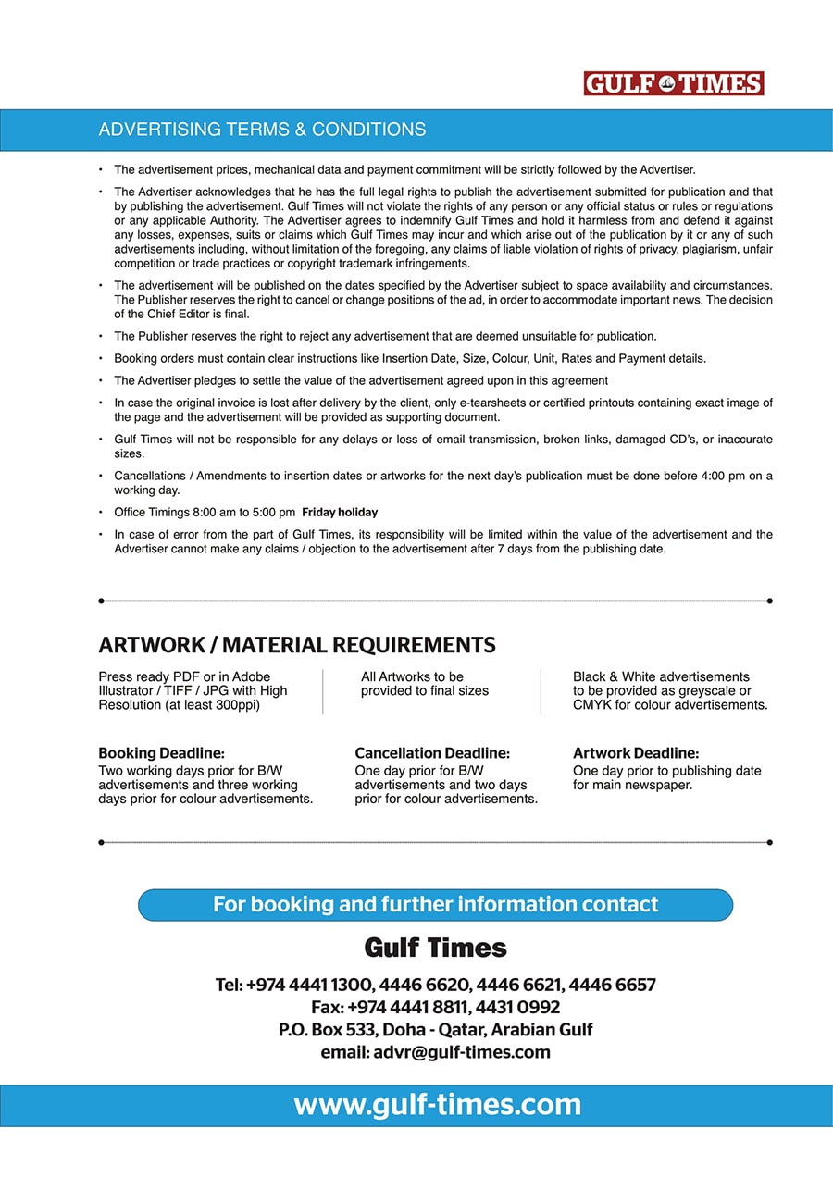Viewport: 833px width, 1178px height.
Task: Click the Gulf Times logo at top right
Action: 673,84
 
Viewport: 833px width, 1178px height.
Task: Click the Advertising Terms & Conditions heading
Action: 262,130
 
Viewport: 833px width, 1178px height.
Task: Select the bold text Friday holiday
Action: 340,513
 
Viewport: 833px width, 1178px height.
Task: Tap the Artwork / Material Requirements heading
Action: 297,645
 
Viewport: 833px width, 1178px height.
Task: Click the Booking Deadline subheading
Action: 161,753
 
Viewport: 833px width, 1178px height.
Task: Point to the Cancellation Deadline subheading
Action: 432,753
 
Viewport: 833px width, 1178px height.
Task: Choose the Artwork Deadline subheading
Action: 636,753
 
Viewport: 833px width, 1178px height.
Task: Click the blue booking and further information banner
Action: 435,904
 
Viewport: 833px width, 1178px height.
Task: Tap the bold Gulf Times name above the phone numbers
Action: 435,948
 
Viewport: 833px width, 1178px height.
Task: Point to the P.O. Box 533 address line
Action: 435,1030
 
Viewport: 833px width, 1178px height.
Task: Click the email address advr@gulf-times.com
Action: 461,1052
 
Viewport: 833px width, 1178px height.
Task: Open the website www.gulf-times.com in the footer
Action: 437,1105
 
